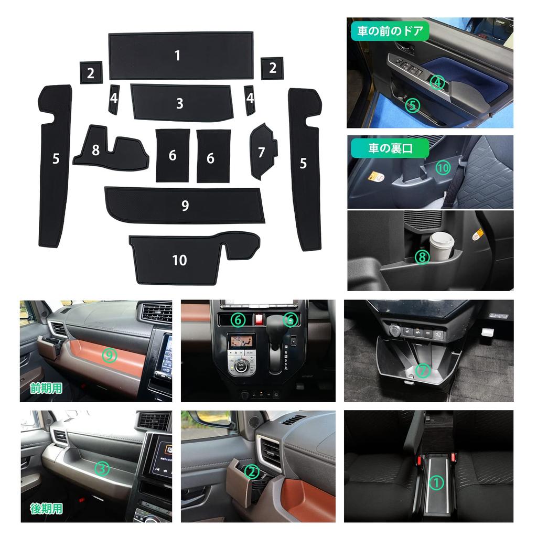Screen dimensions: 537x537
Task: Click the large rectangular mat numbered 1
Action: click(181, 55)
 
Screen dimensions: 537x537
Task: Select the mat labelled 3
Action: click(181, 102)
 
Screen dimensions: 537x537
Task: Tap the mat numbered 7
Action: click(262, 151)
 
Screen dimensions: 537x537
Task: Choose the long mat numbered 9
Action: click(185, 205)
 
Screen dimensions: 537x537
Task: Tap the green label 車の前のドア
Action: click(390, 31)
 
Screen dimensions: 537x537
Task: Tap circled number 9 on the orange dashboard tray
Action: click(110, 356)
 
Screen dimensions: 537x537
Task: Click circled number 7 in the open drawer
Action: click(423, 370)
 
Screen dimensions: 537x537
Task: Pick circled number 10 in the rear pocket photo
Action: click(443, 167)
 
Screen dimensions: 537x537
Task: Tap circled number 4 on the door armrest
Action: click(438, 82)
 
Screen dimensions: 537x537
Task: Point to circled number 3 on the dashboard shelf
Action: click(102, 468)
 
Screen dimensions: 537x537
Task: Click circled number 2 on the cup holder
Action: click(253, 472)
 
